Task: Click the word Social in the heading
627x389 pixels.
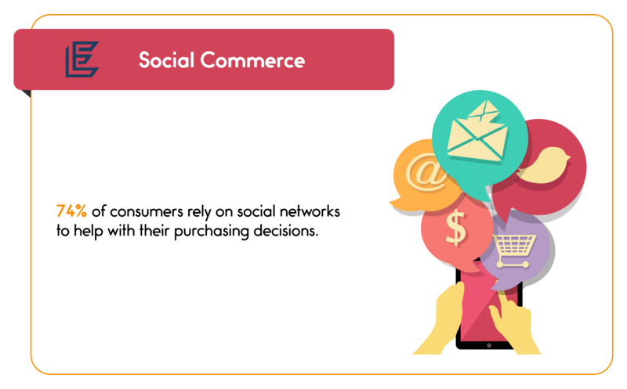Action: [x=166, y=60]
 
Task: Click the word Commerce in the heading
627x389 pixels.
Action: [x=252, y=60]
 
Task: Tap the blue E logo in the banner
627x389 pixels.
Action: [x=82, y=59]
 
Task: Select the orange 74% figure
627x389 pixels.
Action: [x=71, y=211]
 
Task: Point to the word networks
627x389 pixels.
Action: [x=310, y=211]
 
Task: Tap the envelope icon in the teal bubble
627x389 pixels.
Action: [x=477, y=134]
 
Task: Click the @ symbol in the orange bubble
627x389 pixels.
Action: [x=426, y=172]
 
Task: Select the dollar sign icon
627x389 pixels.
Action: [x=455, y=228]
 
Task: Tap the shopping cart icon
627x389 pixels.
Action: [x=513, y=250]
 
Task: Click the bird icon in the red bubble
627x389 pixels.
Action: [x=544, y=165]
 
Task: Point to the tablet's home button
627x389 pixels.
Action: [x=488, y=345]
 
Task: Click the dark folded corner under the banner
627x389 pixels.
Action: [x=26, y=93]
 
